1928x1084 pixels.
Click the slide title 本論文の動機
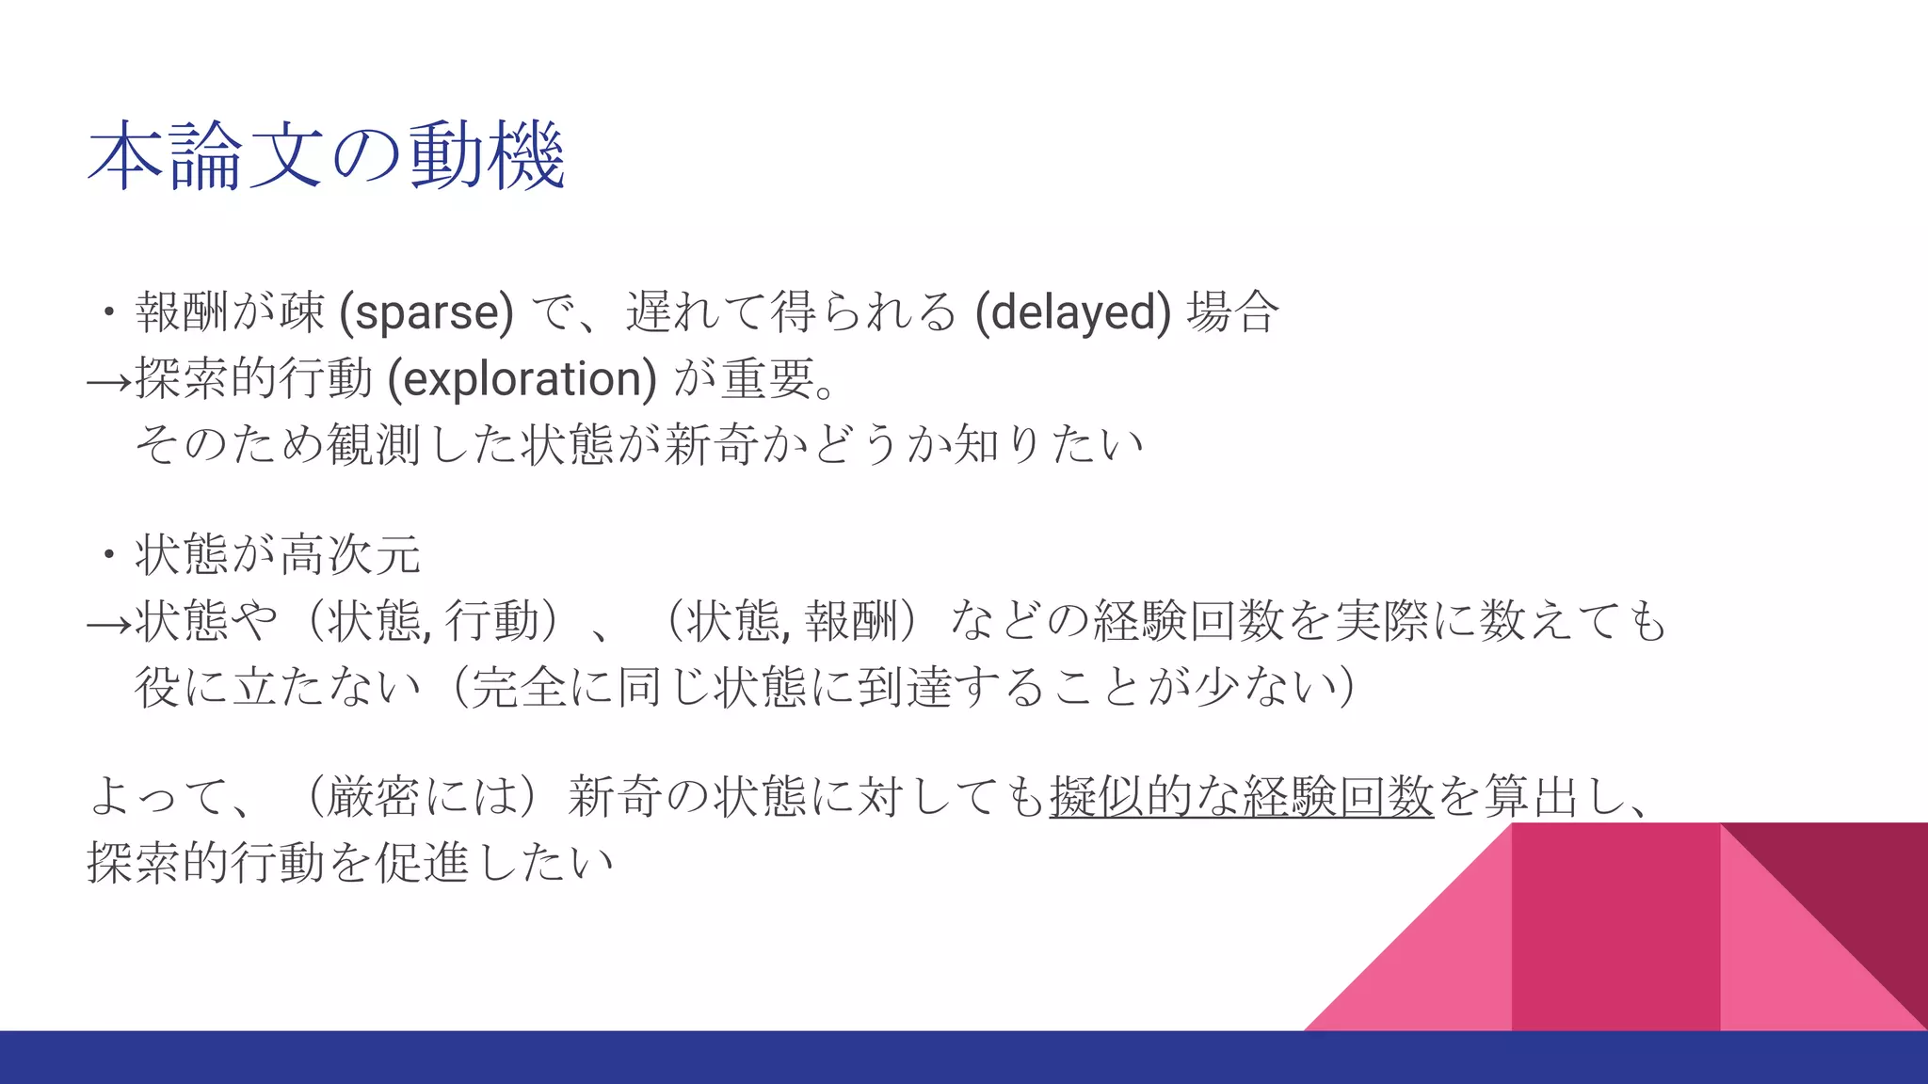(x=326, y=156)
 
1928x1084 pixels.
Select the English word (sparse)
(x=426, y=312)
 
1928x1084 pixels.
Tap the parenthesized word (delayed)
(x=1073, y=312)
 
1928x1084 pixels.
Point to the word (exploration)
(x=522, y=378)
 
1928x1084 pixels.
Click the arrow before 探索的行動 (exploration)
(x=108, y=381)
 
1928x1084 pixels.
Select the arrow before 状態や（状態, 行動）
(x=108, y=624)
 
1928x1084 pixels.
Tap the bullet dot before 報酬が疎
(x=110, y=312)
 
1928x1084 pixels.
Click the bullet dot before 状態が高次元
(x=110, y=555)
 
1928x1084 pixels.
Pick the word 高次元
(x=350, y=555)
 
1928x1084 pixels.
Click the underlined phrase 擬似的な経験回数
(x=1241, y=797)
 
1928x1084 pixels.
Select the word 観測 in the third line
(x=374, y=444)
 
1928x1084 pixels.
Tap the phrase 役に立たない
(x=278, y=687)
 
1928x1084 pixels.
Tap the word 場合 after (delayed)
(x=1232, y=312)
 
